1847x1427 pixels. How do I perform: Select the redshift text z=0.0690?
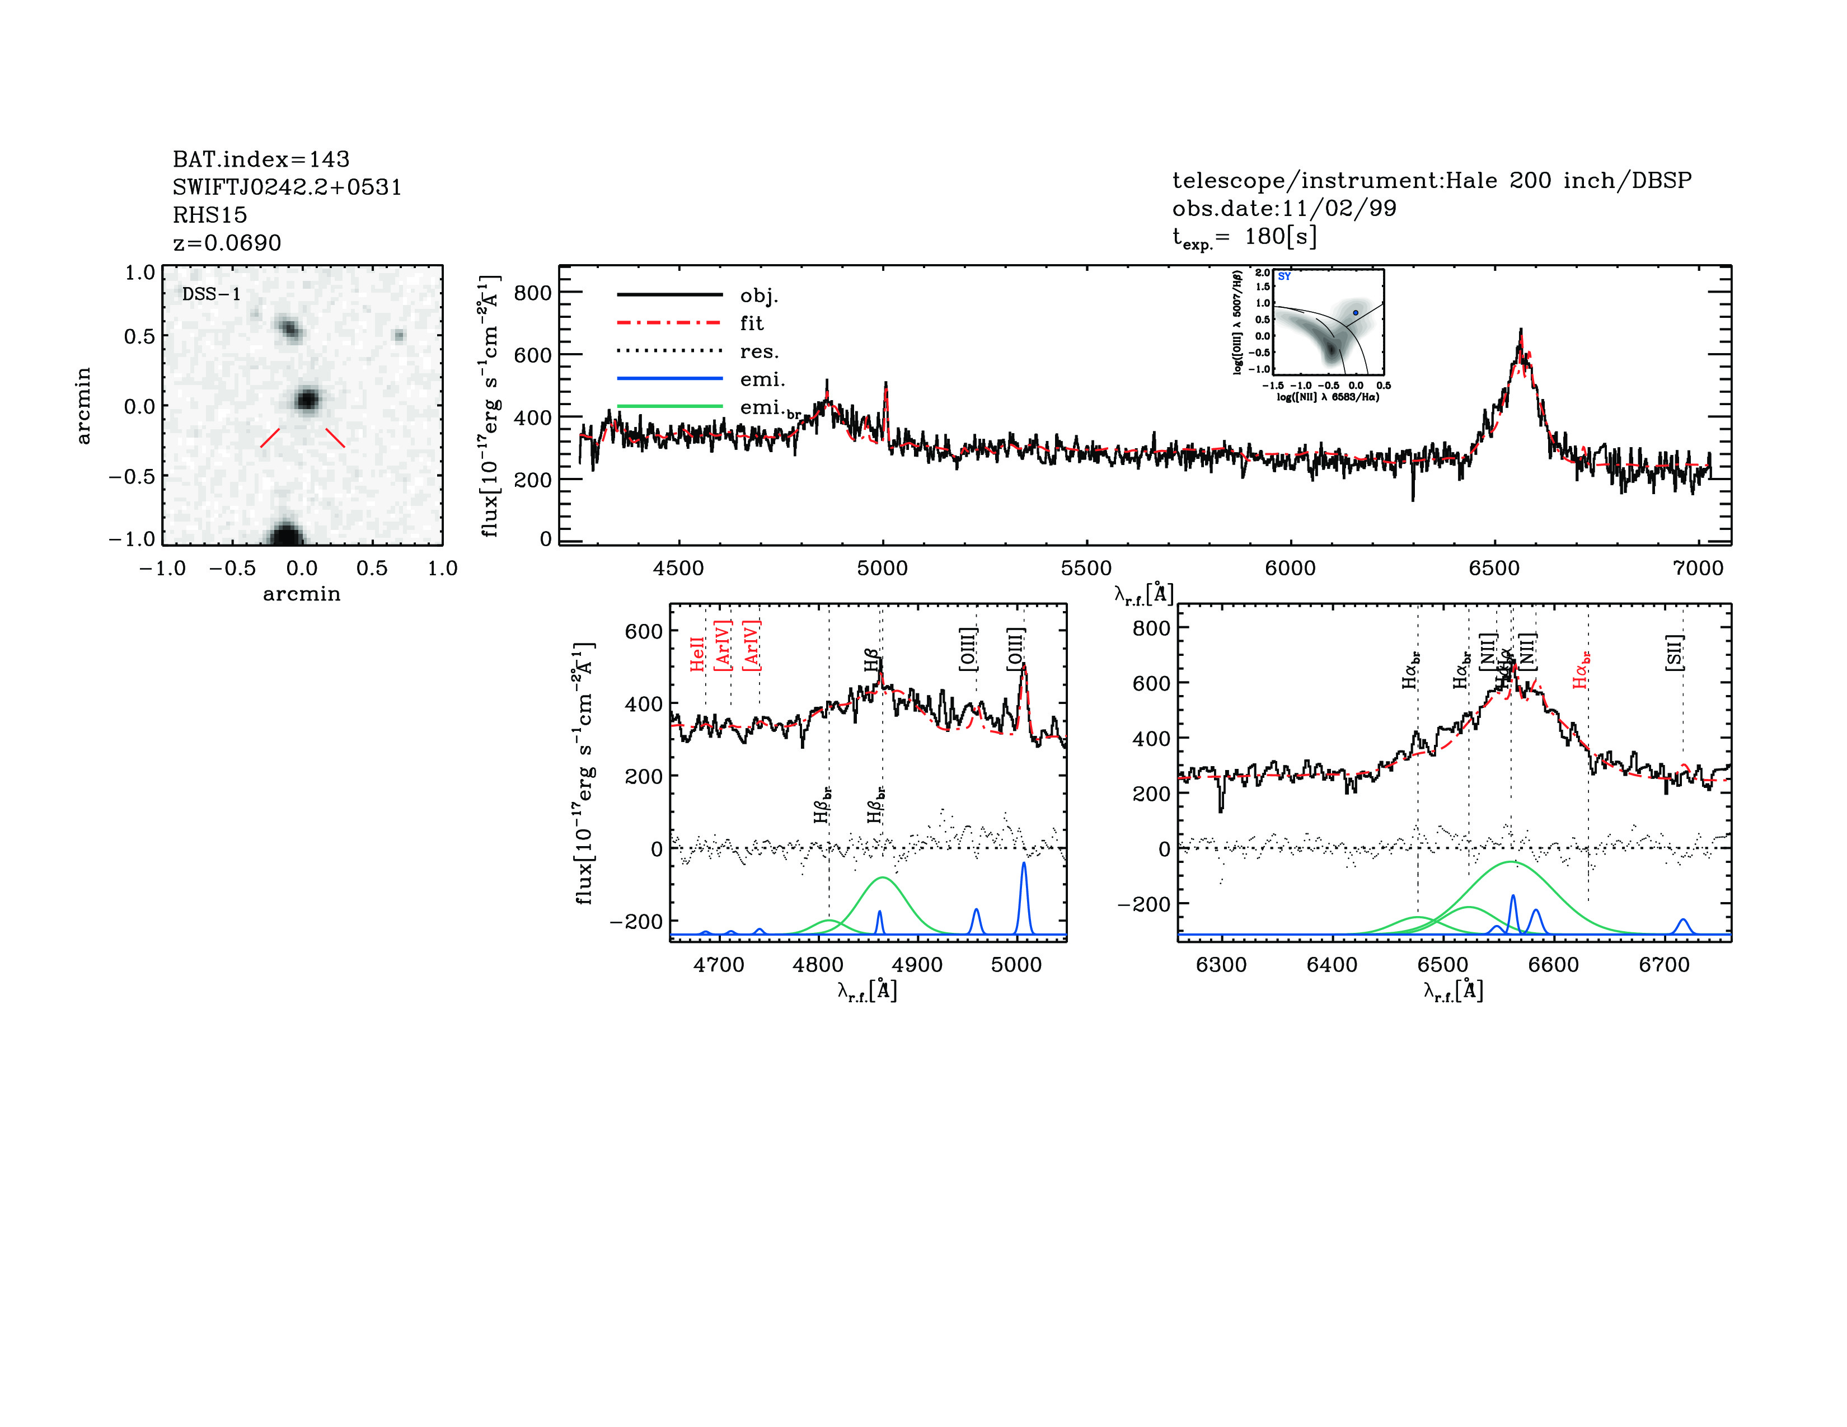point(227,243)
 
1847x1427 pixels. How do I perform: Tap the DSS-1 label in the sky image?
point(212,294)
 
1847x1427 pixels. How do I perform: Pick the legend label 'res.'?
point(758,351)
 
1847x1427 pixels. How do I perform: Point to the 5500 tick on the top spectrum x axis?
point(1086,568)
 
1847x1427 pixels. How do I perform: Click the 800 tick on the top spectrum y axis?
point(533,293)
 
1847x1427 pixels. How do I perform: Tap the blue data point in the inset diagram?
point(1355,313)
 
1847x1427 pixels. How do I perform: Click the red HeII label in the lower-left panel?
point(697,654)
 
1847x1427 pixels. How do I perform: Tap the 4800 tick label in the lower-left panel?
point(818,965)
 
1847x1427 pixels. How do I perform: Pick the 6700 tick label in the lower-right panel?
point(1663,965)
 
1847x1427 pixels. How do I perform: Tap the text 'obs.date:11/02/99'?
point(1284,208)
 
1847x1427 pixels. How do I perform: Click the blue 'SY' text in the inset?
point(1284,276)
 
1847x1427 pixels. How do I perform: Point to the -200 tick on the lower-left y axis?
point(636,921)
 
